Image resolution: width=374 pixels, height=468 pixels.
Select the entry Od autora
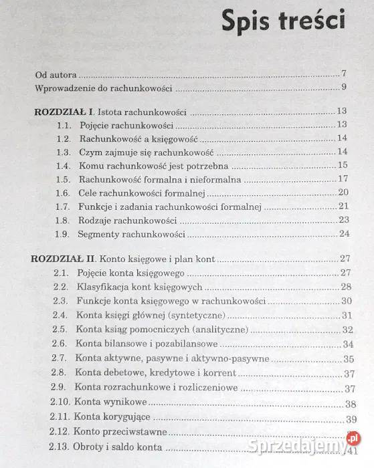coord(56,74)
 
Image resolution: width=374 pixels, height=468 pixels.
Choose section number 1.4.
coord(63,165)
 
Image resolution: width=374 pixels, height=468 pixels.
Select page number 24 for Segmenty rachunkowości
coord(344,233)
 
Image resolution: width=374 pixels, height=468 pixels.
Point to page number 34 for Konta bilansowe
coord(347,344)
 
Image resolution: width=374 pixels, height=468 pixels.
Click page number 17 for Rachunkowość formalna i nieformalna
coord(344,179)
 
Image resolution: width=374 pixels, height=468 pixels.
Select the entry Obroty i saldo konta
coord(117,447)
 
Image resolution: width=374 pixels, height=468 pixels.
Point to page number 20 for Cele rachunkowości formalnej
coord(344,193)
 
